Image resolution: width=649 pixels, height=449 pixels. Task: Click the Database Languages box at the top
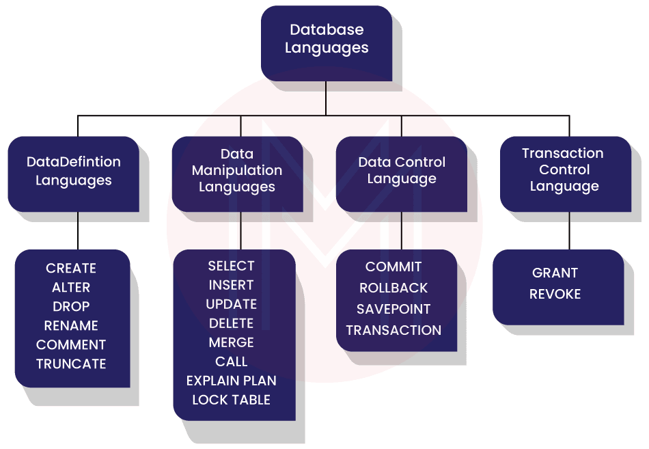[x=326, y=39]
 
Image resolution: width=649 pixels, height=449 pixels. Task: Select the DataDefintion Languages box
[x=73, y=172]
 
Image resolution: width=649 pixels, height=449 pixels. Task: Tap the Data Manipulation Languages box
[x=237, y=171]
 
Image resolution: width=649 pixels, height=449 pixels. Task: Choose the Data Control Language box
[x=401, y=171]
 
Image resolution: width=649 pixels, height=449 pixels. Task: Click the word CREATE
[x=71, y=269]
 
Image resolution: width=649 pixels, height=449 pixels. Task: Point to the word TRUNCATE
[x=71, y=364]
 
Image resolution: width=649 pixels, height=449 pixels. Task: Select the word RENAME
[x=71, y=326]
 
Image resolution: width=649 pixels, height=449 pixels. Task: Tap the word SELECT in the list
[x=231, y=266]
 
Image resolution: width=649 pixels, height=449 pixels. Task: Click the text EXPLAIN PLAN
[x=231, y=381]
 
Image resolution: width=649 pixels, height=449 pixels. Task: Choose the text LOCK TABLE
[x=231, y=400]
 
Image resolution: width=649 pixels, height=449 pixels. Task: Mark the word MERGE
[x=231, y=342]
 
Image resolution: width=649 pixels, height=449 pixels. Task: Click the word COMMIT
[x=393, y=267]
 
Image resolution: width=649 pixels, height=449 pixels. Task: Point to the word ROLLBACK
[x=393, y=288]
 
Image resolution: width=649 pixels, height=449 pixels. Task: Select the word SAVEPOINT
[x=393, y=309]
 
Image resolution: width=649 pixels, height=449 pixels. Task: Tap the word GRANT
[x=555, y=273]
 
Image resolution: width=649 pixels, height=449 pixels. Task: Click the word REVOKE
[x=555, y=294]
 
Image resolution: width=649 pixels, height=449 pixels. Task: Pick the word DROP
[x=71, y=307]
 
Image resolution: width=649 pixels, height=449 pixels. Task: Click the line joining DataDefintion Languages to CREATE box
[x=78, y=229]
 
